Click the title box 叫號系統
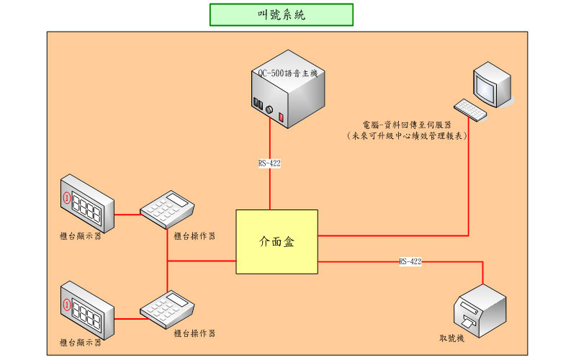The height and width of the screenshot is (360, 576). (x=281, y=14)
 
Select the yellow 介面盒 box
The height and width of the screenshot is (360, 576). (x=277, y=242)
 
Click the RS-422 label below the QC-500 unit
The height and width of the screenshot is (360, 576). (x=269, y=163)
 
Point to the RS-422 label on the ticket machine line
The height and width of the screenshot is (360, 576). (x=410, y=261)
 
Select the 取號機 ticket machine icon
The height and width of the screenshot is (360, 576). (x=480, y=310)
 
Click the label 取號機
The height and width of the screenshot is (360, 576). (x=452, y=338)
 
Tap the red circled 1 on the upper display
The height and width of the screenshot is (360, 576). (x=68, y=197)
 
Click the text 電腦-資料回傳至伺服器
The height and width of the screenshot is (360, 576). (x=408, y=124)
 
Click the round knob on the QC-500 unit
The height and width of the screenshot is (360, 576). (x=270, y=110)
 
